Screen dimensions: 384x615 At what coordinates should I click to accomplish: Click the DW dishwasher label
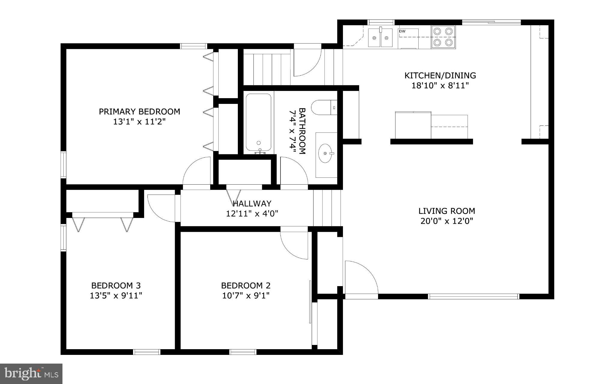click(x=402, y=31)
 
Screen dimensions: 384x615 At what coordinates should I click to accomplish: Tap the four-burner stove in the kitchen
click(x=444, y=37)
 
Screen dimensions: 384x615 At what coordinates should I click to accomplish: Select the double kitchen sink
click(x=380, y=38)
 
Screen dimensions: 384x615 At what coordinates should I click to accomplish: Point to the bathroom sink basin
click(x=325, y=153)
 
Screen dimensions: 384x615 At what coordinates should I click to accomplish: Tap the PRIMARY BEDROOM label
click(x=139, y=111)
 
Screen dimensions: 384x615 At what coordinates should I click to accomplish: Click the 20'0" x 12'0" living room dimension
click(x=447, y=221)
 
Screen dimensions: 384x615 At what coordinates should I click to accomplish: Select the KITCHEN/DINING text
click(x=440, y=75)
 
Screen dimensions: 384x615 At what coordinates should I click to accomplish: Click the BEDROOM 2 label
click(x=246, y=285)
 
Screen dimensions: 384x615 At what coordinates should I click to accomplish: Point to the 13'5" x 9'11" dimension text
click(x=116, y=296)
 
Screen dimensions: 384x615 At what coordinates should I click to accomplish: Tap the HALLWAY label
click(x=252, y=204)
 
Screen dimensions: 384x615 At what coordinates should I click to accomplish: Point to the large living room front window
click(x=473, y=297)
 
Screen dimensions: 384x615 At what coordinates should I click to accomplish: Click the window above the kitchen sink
click(x=381, y=22)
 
